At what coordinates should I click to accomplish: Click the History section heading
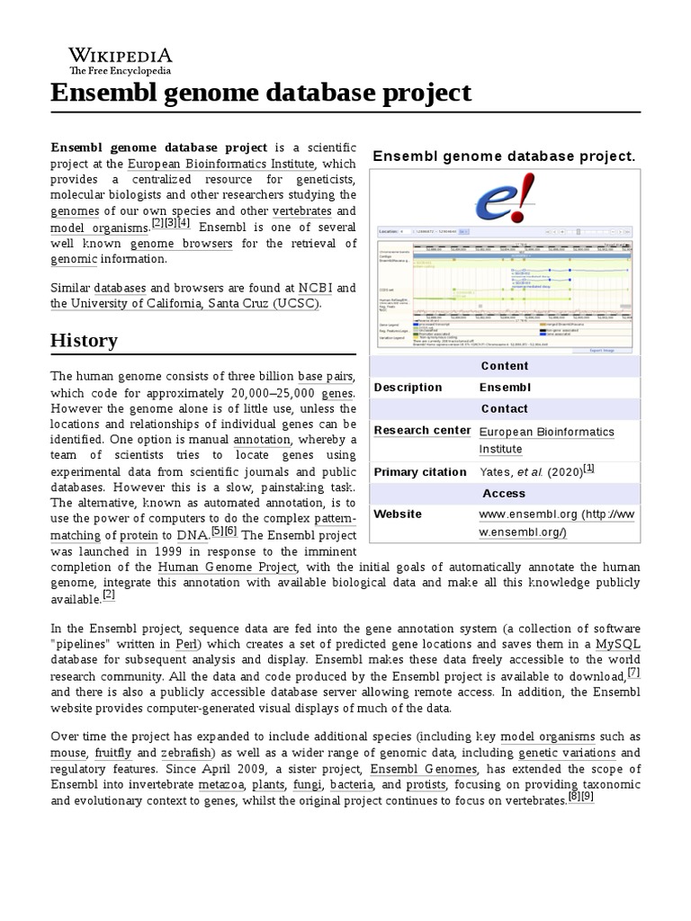pyautogui.click(x=84, y=340)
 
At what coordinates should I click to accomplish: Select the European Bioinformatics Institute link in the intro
pyautogui.click(x=220, y=164)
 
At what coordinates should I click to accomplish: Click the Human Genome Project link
pyautogui.click(x=227, y=568)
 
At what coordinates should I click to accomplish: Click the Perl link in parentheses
pyautogui.click(x=187, y=645)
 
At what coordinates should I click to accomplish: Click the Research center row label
pyautogui.click(x=422, y=430)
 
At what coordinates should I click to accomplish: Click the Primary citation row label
pyautogui.click(x=419, y=472)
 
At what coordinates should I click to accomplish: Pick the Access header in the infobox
pyautogui.click(x=504, y=493)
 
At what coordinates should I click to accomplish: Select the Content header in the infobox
pyautogui.click(x=504, y=366)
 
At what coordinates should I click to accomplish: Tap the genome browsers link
pyautogui.click(x=181, y=244)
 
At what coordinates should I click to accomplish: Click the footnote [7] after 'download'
pyautogui.click(x=633, y=674)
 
